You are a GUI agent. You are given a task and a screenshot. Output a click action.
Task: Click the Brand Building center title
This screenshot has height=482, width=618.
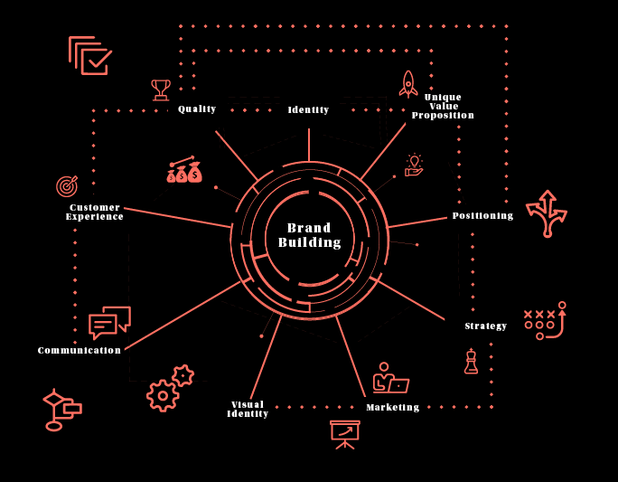click(x=309, y=235)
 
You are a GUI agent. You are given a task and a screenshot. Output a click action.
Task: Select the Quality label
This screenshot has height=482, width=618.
click(x=197, y=109)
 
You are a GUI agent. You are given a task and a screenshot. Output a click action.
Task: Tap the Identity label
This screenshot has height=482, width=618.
click(x=308, y=110)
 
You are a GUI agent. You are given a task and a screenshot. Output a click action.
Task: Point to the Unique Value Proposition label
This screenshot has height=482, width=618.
click(x=443, y=107)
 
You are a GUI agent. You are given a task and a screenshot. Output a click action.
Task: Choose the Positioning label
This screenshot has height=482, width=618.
click(x=482, y=216)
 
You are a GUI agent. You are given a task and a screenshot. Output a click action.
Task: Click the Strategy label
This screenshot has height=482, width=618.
click(x=486, y=326)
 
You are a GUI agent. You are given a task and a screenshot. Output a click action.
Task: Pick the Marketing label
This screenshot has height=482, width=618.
click(x=392, y=408)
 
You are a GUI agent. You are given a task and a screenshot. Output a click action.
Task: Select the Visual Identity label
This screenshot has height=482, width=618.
click(x=248, y=410)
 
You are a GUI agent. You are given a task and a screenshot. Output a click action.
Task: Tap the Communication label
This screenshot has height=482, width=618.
click(x=80, y=351)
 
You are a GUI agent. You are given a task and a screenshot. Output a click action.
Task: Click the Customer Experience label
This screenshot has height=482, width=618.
click(x=95, y=213)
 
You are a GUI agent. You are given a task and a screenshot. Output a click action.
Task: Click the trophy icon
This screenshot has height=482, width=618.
click(x=161, y=90)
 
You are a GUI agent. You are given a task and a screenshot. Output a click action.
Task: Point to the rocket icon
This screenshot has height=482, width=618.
click(x=408, y=84)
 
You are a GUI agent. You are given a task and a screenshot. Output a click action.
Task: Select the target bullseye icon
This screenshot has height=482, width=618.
click(x=67, y=186)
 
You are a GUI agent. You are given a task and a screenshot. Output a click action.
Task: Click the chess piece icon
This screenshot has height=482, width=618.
click(x=471, y=361)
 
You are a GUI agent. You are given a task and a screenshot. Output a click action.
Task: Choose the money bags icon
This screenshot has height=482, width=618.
click(x=184, y=171)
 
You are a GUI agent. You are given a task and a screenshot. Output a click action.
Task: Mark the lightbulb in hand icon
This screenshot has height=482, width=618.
click(x=414, y=165)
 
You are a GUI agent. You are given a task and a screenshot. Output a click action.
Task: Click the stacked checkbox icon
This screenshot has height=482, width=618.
click(x=90, y=55)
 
